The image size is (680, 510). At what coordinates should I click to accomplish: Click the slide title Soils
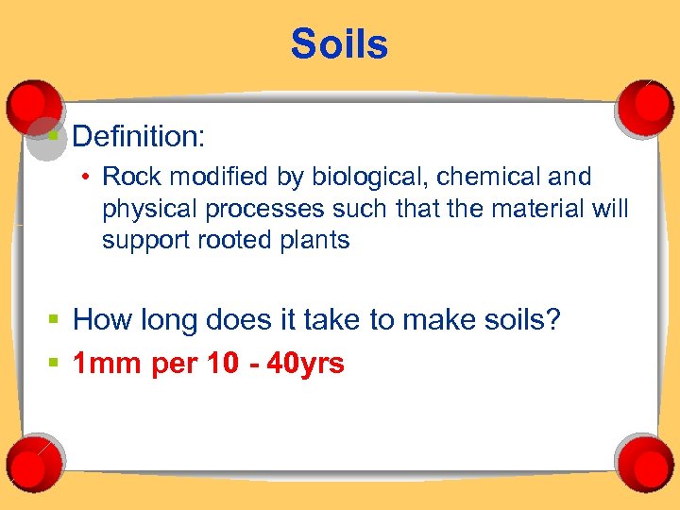339,44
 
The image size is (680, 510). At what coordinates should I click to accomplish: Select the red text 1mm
108,364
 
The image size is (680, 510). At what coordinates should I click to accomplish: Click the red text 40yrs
306,364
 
